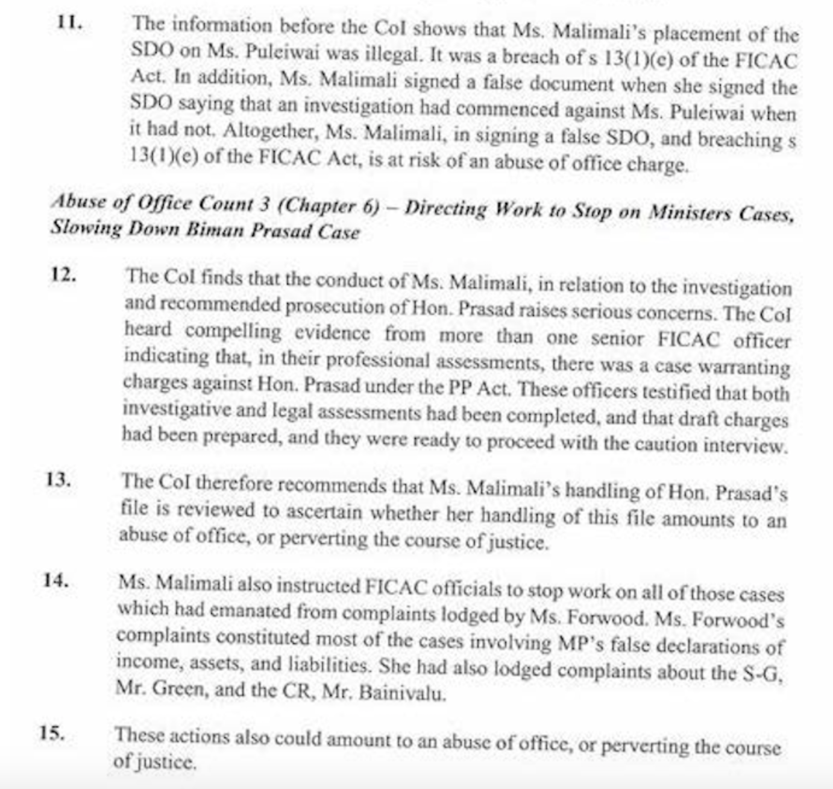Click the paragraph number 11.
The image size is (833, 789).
point(70,23)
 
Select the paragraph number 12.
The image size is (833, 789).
point(63,274)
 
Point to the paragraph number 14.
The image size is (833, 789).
point(55,580)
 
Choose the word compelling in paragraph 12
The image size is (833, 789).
point(233,331)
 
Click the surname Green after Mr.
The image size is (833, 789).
point(175,688)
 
